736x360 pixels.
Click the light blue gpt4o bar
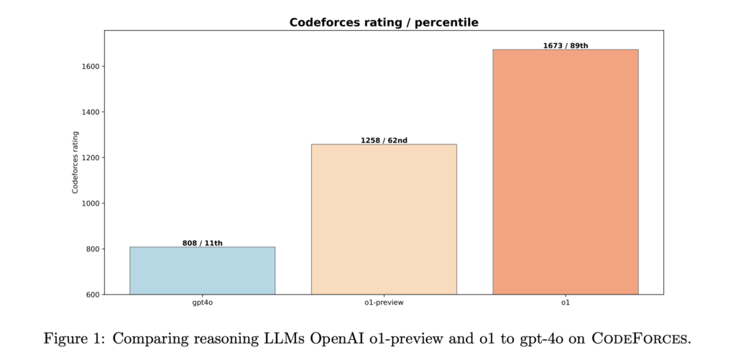[202, 270]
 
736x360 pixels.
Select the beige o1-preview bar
[384, 219]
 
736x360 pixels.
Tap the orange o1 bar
[565, 172]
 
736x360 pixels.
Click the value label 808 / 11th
[202, 243]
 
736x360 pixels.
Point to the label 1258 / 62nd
[384, 140]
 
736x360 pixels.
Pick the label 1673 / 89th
[565, 45]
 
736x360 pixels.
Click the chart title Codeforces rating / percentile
[384, 22]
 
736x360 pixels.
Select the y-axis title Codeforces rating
[75, 162]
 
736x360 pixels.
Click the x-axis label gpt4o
[202, 303]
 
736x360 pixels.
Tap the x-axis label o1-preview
[384, 303]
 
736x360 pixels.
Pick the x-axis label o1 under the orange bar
[565, 303]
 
